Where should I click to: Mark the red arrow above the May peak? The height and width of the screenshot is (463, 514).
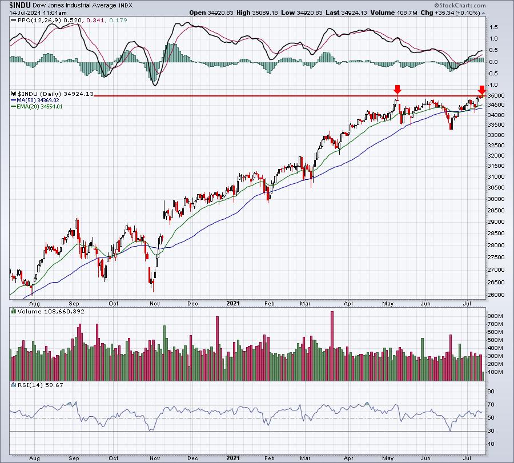click(397, 90)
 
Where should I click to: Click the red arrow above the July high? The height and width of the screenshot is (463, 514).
click(481, 90)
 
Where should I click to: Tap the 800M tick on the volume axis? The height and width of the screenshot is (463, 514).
click(495, 316)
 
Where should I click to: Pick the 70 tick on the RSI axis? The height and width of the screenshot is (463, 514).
click(490, 405)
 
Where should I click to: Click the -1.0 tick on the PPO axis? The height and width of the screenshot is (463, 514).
click(492, 85)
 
